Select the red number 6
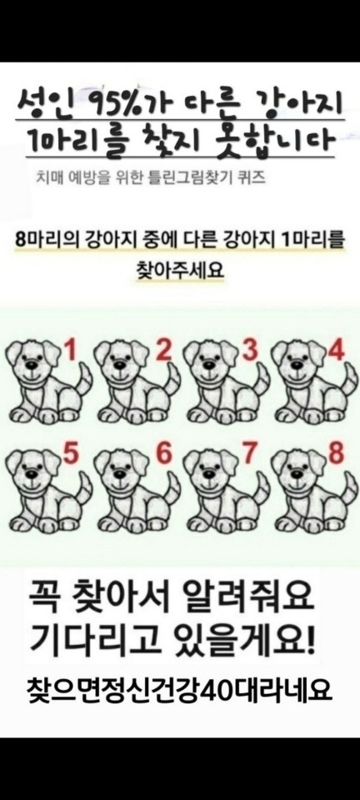[163, 455]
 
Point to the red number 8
[336, 455]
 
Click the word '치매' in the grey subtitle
[49, 178]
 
